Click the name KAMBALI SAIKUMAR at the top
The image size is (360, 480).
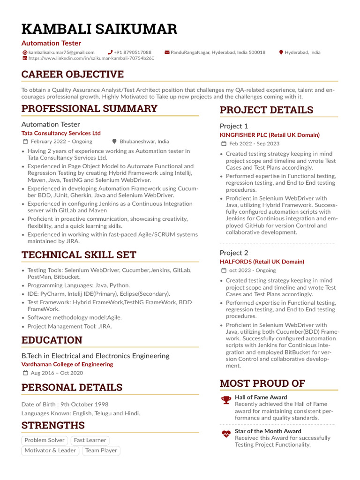[x=99, y=29]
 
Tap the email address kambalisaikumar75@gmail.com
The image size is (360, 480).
[x=61, y=52]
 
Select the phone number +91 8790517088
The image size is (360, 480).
[x=133, y=52]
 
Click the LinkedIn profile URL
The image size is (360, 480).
[x=91, y=59]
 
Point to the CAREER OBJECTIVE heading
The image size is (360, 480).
[x=73, y=75]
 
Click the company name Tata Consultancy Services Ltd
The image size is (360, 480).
[x=61, y=133]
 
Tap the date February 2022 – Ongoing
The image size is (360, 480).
[x=61, y=142]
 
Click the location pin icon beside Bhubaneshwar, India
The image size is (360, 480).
[x=114, y=142]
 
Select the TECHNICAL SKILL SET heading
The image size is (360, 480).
[x=79, y=255]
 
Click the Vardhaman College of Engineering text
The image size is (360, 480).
[x=67, y=364]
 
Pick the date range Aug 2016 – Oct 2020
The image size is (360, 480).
[x=57, y=373]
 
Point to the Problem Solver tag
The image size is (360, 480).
[x=45, y=441]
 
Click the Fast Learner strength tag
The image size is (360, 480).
[x=90, y=441]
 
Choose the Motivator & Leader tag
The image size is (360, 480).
[x=50, y=451]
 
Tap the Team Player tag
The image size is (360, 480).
[x=101, y=451]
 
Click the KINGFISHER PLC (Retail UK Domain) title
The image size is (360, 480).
[x=270, y=135]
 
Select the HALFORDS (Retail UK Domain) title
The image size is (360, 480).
[x=262, y=262]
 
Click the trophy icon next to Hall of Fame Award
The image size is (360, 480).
[x=226, y=400]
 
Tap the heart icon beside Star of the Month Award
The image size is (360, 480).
[x=226, y=434]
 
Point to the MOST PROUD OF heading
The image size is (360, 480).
[x=262, y=383]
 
